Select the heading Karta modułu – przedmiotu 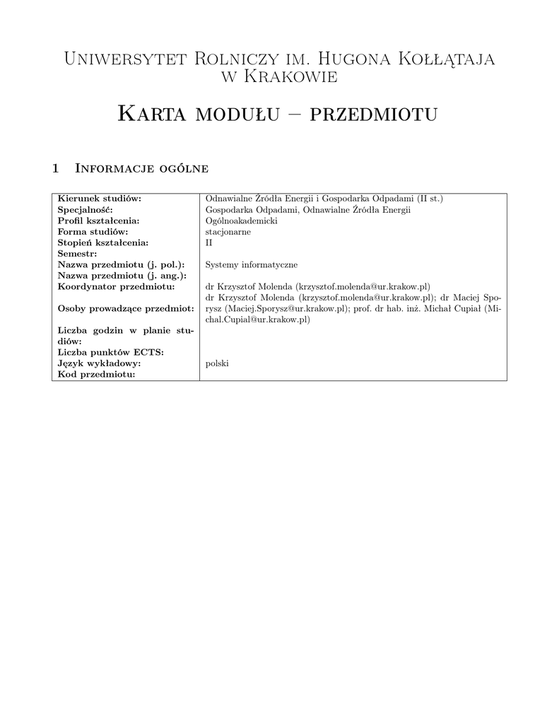(x=279, y=113)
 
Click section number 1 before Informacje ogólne (x=57, y=168)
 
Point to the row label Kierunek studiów (x=100, y=199)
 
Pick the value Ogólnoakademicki (x=241, y=221)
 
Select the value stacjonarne (x=228, y=231)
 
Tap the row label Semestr (x=78, y=253)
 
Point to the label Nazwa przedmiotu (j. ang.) (x=122, y=275)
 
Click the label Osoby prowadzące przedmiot (x=126, y=308)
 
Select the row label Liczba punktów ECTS (x=110, y=352)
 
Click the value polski (x=217, y=363)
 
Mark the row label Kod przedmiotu (x=96, y=374)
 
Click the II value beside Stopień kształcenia (x=208, y=243)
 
